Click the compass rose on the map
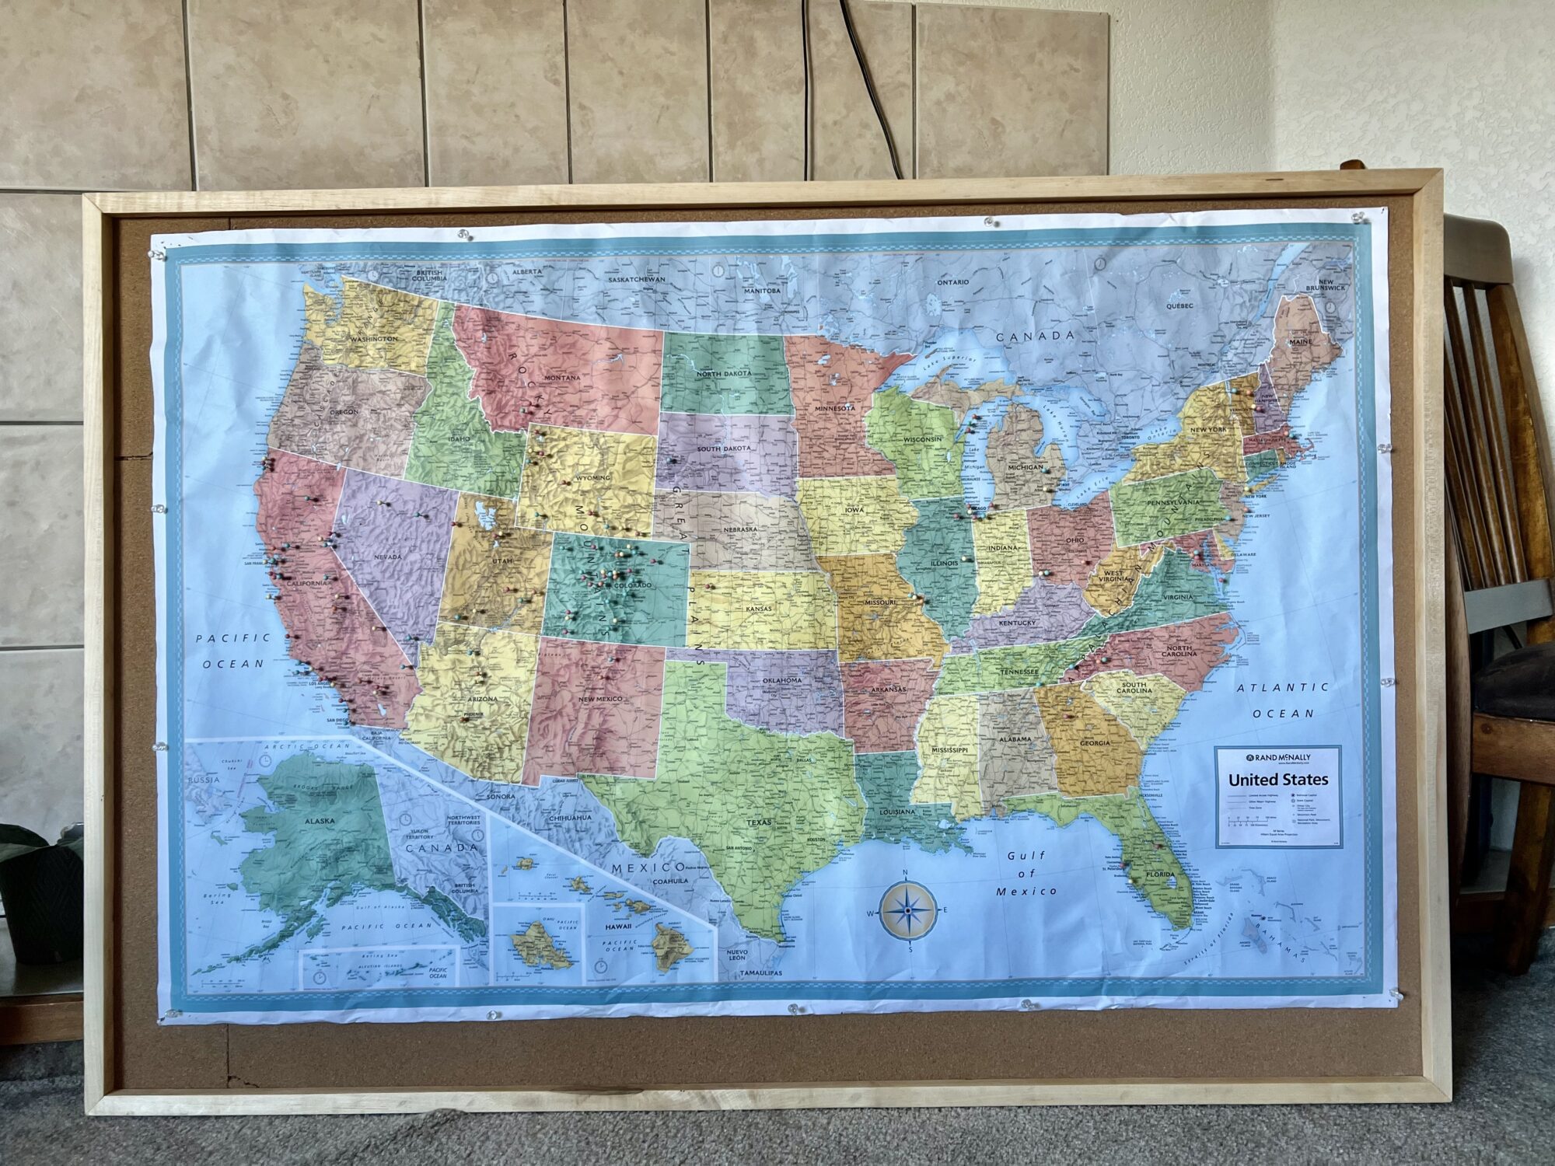click(x=907, y=910)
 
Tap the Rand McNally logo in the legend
click(x=1277, y=757)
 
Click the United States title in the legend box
click(x=1278, y=780)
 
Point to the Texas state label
click(x=760, y=822)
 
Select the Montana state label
click(x=562, y=379)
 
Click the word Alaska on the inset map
click(x=319, y=821)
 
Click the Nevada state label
click(x=388, y=557)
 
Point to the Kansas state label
click(x=759, y=609)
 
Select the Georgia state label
click(x=1095, y=743)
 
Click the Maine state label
click(x=1300, y=341)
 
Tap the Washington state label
click(x=373, y=339)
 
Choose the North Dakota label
click(x=724, y=374)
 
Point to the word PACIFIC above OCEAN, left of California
click(x=232, y=638)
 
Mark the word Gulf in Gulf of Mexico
click(x=1026, y=856)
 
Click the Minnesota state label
click(x=834, y=408)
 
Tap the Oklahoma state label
click(x=781, y=681)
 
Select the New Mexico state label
click(x=599, y=700)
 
